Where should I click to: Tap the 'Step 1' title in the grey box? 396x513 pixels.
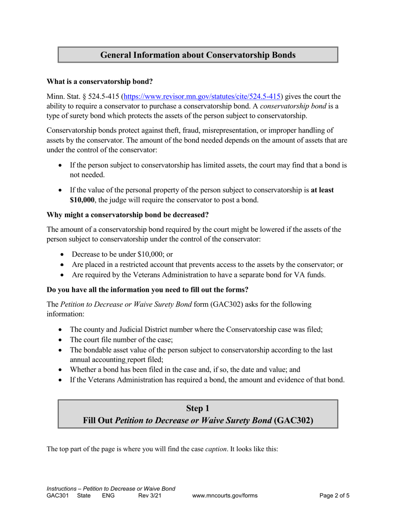click(x=198, y=409)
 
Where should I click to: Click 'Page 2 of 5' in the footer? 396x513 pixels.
click(x=334, y=496)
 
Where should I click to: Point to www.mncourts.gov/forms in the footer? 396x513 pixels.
click(x=225, y=496)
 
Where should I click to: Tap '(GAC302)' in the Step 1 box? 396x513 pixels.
click(x=293, y=420)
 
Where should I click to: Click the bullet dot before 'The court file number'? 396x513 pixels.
click(x=61, y=339)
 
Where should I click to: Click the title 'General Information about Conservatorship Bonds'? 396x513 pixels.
click(x=198, y=55)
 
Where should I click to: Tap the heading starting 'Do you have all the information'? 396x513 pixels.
click(x=147, y=289)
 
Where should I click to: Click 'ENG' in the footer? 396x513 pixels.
click(x=108, y=496)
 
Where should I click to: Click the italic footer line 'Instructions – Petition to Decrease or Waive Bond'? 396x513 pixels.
click(x=111, y=489)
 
